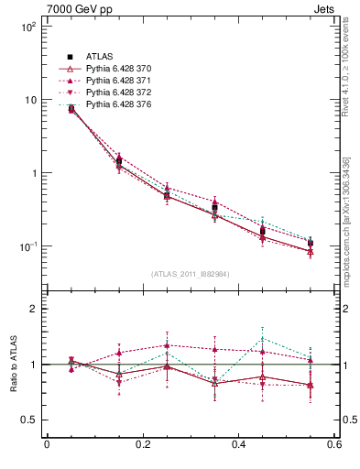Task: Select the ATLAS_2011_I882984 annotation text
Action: point(190,274)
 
